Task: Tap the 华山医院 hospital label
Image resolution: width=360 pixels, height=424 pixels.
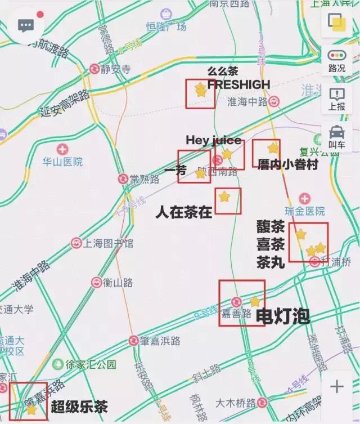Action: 62,162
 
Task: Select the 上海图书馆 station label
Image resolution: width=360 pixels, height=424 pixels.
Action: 109,243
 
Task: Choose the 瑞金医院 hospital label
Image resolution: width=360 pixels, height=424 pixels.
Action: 304,211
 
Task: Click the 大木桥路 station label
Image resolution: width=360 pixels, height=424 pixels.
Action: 236,403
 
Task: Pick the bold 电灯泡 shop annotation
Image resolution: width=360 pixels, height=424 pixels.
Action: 283,316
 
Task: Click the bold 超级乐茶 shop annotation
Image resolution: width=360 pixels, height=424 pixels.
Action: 79,407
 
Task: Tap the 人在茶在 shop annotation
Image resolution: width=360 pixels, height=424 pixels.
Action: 184,212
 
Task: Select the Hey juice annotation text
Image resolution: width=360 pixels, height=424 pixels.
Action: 213,140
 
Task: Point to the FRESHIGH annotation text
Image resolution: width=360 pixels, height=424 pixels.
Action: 238,84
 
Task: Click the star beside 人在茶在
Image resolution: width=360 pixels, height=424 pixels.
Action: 224,197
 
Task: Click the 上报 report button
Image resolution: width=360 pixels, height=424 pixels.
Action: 336,99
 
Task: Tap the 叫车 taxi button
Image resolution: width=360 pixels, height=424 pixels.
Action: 336,137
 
